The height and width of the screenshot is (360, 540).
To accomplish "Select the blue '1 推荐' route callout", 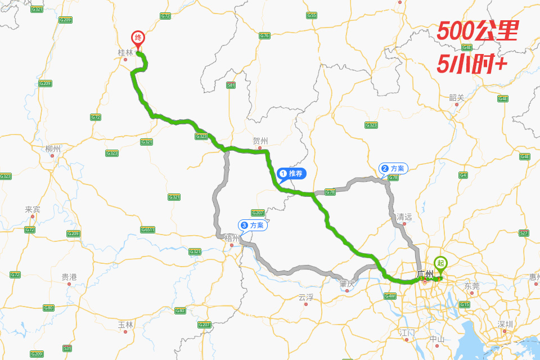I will coord(291,174).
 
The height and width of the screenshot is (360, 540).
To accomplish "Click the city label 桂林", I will coord(125,52).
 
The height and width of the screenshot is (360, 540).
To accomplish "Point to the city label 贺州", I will coord(260,141).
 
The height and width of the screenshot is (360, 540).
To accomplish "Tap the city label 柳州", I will coord(53,149).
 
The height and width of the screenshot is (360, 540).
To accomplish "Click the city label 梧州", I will coord(232,238).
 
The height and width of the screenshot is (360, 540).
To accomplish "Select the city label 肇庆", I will coord(347,283).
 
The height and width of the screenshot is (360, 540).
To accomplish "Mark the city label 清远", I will coord(404,217).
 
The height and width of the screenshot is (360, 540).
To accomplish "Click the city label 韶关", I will coord(457,97).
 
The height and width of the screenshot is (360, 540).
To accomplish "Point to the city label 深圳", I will coord(505,324).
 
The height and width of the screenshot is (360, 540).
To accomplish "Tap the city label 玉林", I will coord(125,325).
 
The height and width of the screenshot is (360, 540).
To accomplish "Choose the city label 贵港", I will coord(69,277).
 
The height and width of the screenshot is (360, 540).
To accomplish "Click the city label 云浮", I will coord(306,297).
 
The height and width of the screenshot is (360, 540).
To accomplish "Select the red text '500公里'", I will coord(477,31).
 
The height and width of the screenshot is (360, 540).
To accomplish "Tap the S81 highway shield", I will coord(231,85).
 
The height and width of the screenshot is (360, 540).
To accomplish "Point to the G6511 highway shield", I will coord(148,229).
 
